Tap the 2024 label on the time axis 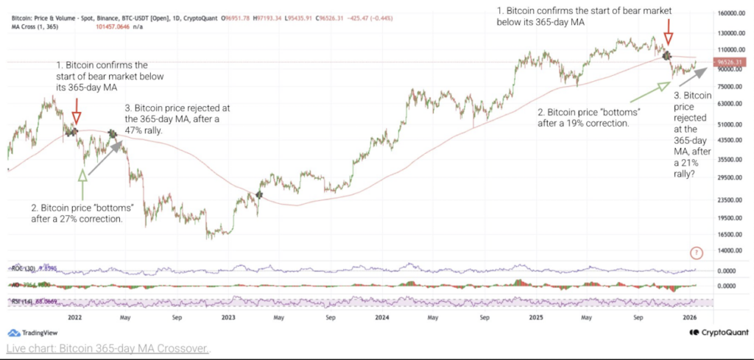pos(381,317)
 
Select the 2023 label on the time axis pos(228,317)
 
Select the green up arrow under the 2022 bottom pos(82,174)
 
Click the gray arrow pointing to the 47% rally pos(106,152)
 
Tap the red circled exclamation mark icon pos(696,253)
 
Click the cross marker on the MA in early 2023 pos(259,194)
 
